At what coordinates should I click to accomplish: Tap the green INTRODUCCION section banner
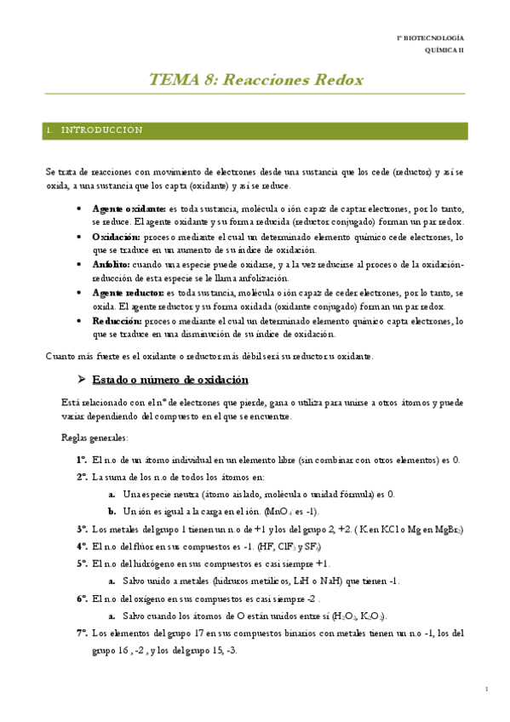256,130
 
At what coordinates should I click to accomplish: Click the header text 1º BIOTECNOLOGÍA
433,39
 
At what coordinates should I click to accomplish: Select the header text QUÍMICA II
445,51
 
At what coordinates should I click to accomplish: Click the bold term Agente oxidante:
129,209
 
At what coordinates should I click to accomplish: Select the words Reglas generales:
95,438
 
